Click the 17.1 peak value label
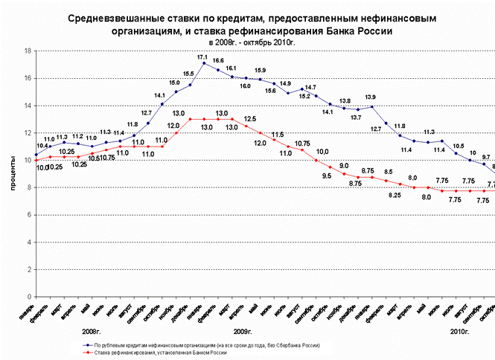pyautogui.click(x=202, y=57)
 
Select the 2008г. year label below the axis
pyautogui.click(x=92, y=330)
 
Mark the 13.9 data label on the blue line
pyautogui.click(x=370, y=97)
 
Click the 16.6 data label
pyautogui.click(x=218, y=60)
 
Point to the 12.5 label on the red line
pyautogui.click(x=250, y=119)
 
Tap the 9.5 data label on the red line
pyautogui.click(x=326, y=176)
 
